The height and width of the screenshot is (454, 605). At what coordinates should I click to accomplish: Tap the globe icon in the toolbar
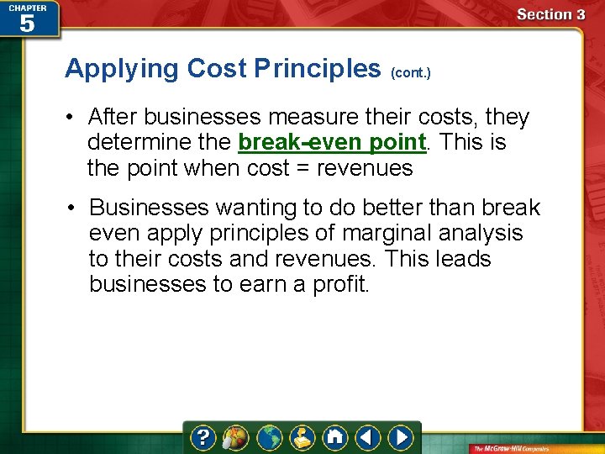coord(270,437)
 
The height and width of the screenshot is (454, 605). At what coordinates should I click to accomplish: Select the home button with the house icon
coord(335,437)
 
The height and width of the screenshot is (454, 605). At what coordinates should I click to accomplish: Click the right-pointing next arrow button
coord(402,437)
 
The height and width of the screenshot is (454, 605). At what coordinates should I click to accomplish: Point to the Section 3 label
coord(550,14)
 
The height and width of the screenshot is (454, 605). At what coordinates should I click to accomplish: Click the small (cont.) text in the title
coord(411,73)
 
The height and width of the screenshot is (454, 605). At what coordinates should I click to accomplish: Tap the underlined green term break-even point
coord(334,142)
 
